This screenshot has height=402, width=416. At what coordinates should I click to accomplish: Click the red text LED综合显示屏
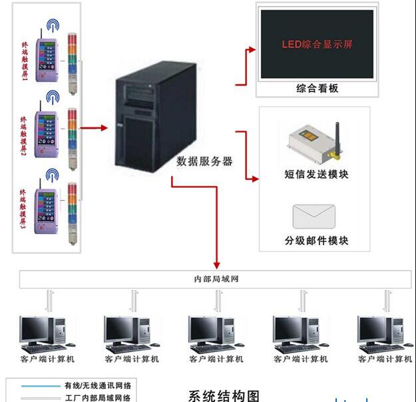click(316, 45)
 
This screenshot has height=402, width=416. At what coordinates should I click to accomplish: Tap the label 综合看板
click(317, 88)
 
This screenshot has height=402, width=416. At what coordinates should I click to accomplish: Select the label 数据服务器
click(204, 161)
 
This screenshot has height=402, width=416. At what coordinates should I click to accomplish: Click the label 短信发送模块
click(316, 175)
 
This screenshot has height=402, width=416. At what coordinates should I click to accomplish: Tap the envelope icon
click(313, 217)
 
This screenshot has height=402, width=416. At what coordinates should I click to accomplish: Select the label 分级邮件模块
click(316, 240)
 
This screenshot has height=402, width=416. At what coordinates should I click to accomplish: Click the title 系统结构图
click(224, 395)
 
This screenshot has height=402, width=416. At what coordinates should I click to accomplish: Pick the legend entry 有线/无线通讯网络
click(97, 385)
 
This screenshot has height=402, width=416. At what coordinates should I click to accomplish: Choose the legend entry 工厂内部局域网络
click(97, 398)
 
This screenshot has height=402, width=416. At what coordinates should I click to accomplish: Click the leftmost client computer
click(44, 333)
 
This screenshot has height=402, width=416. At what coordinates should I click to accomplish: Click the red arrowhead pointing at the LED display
click(252, 49)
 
